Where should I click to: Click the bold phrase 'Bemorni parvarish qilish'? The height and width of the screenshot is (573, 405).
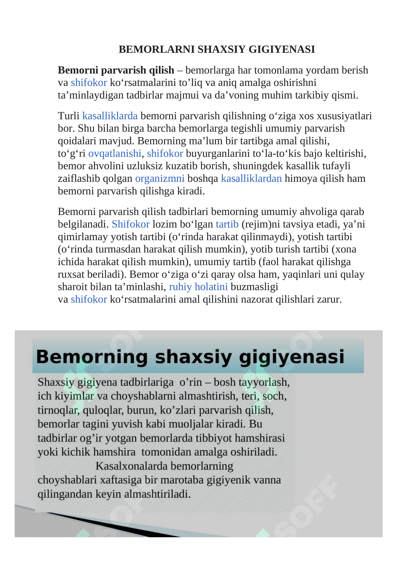pos(116,70)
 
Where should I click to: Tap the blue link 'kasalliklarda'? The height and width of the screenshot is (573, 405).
pos(110,116)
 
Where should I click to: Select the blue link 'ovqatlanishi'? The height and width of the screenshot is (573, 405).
pos(115,154)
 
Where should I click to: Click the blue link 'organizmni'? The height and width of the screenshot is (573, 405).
pos(160,179)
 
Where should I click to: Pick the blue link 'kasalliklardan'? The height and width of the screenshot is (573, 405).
pos(251,179)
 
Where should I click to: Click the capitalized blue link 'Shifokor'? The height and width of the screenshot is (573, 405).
pos(131,224)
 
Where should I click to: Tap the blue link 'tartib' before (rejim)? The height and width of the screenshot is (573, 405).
pos(227,224)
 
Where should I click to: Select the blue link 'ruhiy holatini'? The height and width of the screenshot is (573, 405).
pos(198,287)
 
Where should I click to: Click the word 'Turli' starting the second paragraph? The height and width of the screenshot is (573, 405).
pos(69,116)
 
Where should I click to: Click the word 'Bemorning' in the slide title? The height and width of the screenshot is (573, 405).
pos(92,357)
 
